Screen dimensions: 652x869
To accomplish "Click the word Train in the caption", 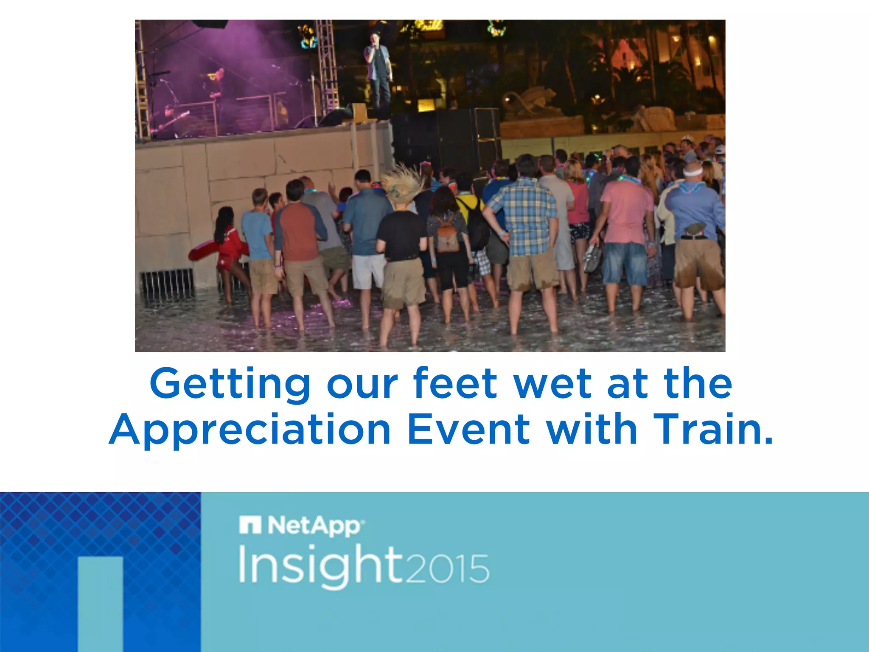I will point(713,430).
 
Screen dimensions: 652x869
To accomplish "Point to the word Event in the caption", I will point(468,430).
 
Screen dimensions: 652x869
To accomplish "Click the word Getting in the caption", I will point(230,384).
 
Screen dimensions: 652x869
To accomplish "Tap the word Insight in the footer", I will point(320,566).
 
